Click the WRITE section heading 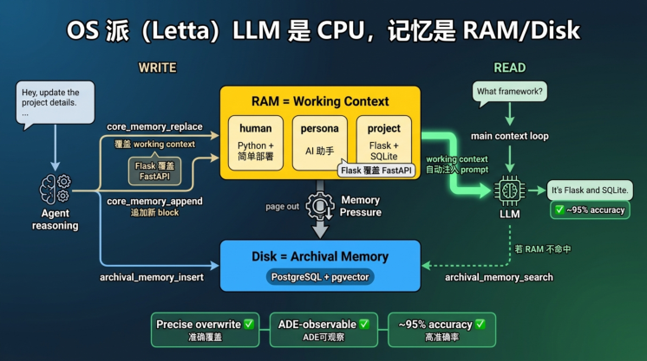tap(157, 68)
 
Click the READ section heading tap(510, 68)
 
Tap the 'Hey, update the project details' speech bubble tap(56, 103)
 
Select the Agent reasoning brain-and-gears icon tap(56, 190)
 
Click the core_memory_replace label tap(154, 126)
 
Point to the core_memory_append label tap(154, 201)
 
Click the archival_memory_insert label tap(152, 277)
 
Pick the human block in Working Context tap(255, 143)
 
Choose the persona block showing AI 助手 tap(319, 143)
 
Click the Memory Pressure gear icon tap(319, 205)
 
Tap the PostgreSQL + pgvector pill tap(320, 277)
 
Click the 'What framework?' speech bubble tap(510, 93)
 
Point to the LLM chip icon tap(510, 190)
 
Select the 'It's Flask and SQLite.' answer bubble tap(590, 190)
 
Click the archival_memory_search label tap(499, 277)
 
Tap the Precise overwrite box tap(205, 330)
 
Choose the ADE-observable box tap(323, 330)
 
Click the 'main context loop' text tap(510, 136)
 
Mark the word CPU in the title tap(341, 30)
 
